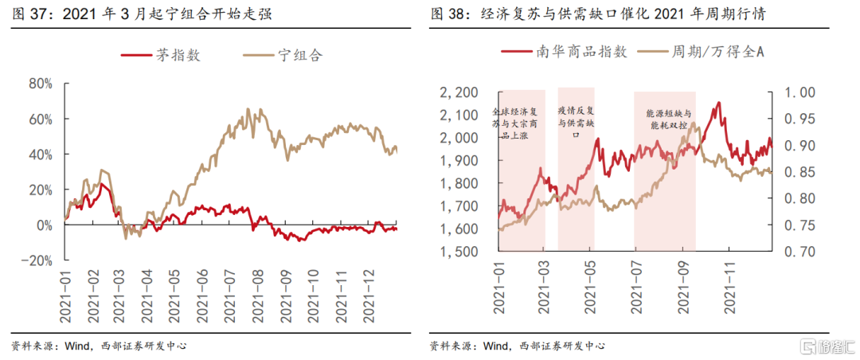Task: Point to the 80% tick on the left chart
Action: pos(40,84)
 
